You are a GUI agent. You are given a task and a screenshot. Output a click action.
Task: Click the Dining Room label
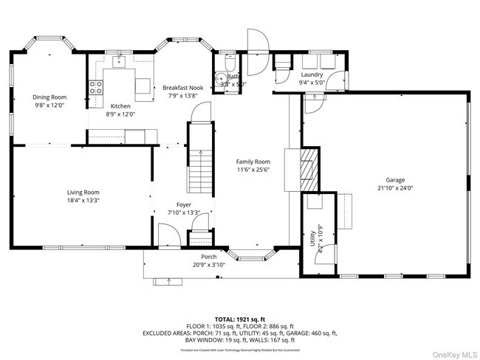pos(49,97)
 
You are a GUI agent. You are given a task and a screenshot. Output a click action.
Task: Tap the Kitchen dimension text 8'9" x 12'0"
pos(120,114)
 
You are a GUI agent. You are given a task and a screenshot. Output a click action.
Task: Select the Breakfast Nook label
pos(182,88)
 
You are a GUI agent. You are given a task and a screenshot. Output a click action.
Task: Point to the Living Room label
pos(83,192)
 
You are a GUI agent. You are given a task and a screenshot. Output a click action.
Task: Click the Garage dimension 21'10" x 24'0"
pos(395,188)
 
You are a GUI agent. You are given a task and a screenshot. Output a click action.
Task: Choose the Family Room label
pos(253,162)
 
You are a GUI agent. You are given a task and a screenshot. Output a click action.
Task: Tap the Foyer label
pos(183,204)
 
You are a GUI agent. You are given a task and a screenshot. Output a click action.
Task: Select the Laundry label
pos(312,75)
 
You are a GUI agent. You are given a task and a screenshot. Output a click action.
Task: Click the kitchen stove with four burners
pos(95,89)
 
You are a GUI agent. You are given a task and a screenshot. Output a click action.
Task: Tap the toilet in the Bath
pos(219,80)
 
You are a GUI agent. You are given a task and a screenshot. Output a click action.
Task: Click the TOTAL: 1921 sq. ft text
pos(239,318)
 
